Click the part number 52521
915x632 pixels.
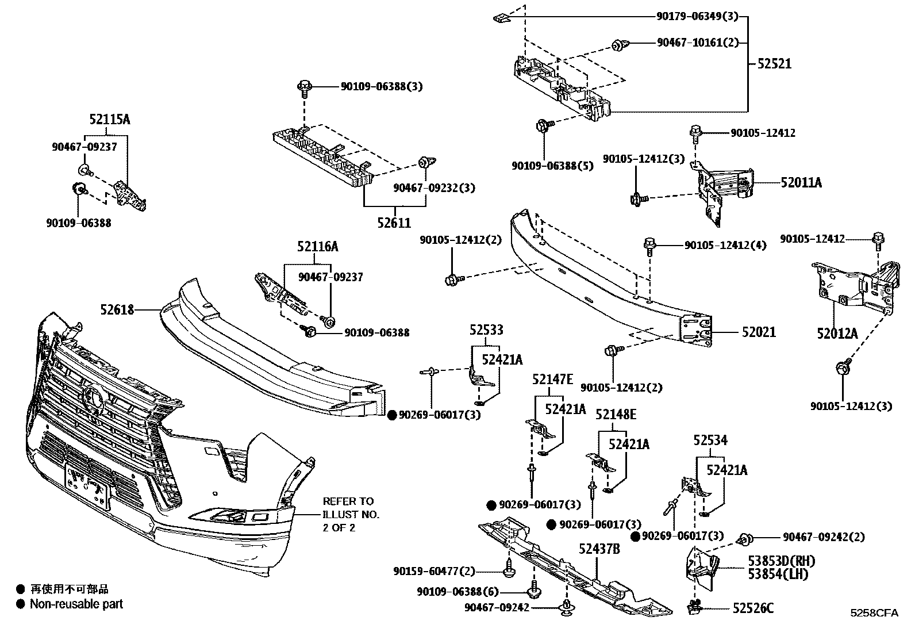pos(774,64)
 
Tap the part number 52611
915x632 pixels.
pos(394,223)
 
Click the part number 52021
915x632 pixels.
pos(758,332)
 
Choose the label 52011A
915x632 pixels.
pos(801,183)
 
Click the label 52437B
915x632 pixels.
pos(599,549)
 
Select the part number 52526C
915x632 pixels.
pos(752,608)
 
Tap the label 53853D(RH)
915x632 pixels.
pos(781,561)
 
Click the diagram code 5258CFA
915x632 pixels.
pos(874,613)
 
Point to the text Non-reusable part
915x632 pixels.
pos(76,604)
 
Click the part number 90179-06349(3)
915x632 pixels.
pos(697,17)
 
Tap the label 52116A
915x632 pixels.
pos(318,246)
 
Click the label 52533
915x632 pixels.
pos(486,330)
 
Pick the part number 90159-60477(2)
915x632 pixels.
pos(435,571)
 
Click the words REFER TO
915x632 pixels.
pos(348,501)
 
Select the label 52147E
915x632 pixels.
pos(552,378)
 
